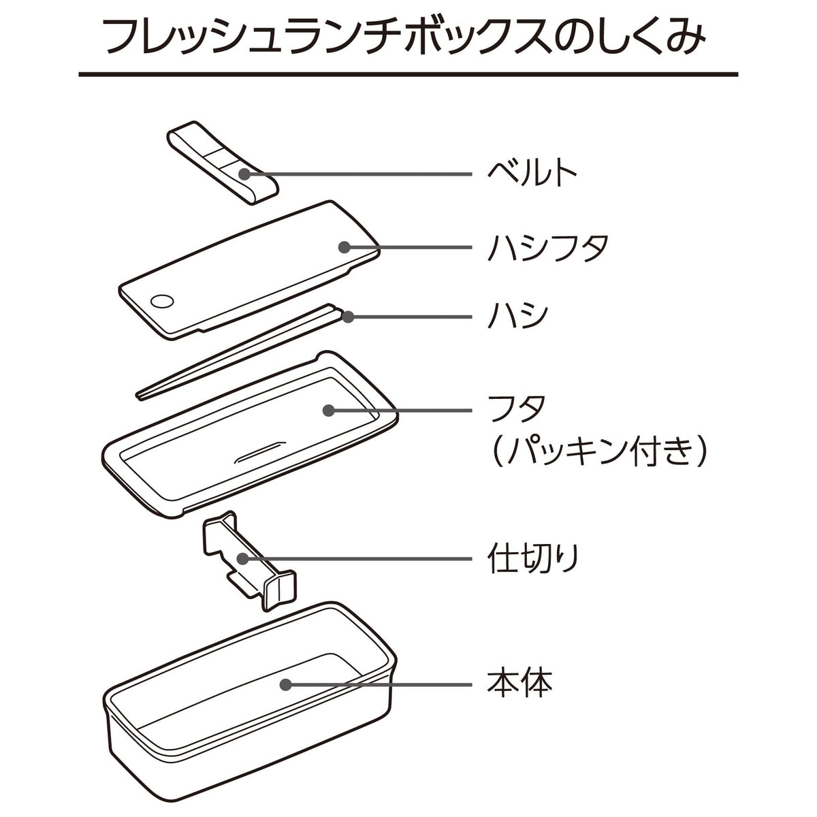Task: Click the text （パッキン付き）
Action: pyautogui.click(x=598, y=452)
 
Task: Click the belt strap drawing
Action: pyautogui.click(x=223, y=163)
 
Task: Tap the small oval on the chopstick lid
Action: pyautogui.click(x=162, y=302)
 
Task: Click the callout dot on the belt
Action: pyautogui.click(x=244, y=174)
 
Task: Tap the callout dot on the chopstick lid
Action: pyautogui.click(x=344, y=247)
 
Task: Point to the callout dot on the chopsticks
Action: pyautogui.click(x=349, y=317)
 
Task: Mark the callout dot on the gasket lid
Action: pyautogui.click(x=329, y=410)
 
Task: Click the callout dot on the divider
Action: pyautogui.click(x=243, y=559)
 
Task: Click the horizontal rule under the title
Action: pyautogui.click(x=408, y=75)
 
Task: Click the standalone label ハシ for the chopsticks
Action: pyautogui.click(x=517, y=317)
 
